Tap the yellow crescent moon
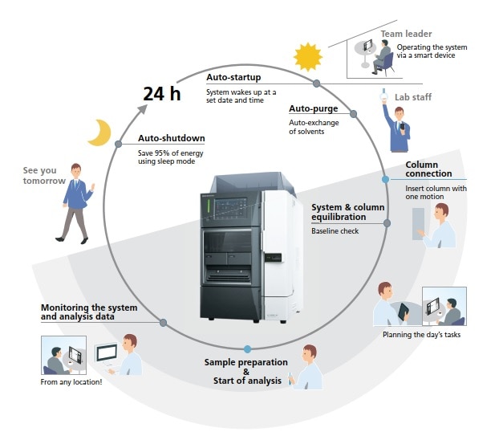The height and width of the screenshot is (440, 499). click(x=99, y=133)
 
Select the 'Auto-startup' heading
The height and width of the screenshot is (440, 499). click(x=233, y=78)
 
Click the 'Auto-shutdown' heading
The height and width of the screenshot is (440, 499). click(x=171, y=138)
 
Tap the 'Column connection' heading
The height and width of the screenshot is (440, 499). click(x=428, y=169)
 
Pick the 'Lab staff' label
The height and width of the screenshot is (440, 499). click(x=413, y=98)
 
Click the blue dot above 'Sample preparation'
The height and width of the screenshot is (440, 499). click(x=247, y=348)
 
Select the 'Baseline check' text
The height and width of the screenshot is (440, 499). click(x=335, y=231)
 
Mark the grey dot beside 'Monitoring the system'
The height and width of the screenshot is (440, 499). click(x=163, y=323)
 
